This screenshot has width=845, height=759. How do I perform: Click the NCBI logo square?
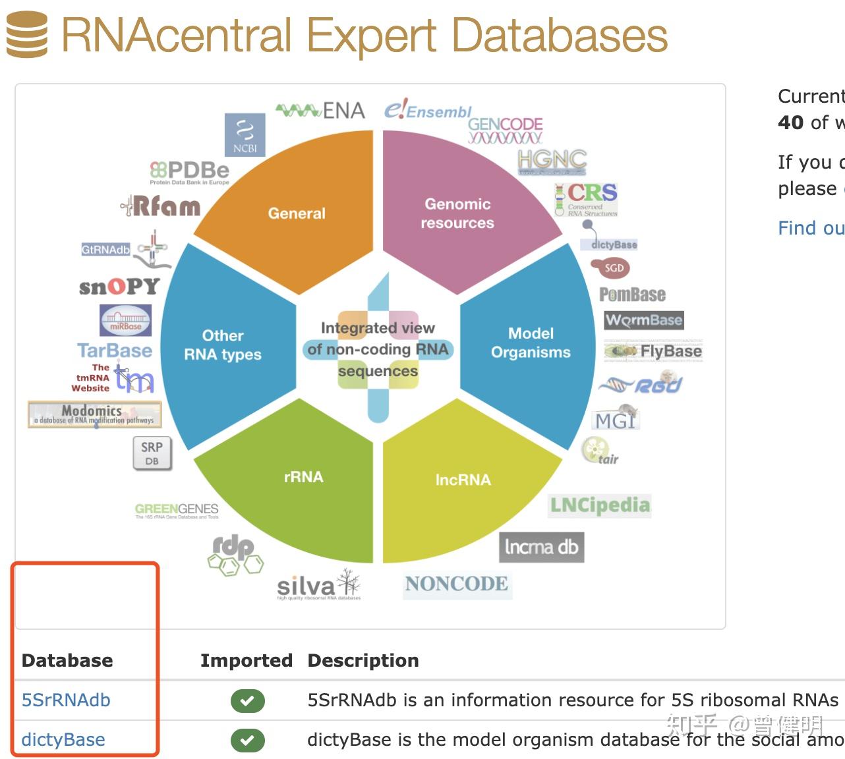245,134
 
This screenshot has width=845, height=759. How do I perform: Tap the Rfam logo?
161,206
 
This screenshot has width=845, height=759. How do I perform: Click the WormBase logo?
644,320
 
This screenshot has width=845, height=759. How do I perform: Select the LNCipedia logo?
600,505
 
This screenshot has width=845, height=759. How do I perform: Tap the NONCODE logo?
457,584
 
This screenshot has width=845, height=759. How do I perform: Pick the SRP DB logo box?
152,453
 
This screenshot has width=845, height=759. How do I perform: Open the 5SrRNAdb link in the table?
66,700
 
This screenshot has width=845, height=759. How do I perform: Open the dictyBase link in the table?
63,740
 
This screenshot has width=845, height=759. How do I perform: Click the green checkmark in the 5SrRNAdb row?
247,700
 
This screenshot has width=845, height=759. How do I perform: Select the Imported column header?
246,660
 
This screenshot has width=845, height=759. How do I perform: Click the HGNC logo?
552,160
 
